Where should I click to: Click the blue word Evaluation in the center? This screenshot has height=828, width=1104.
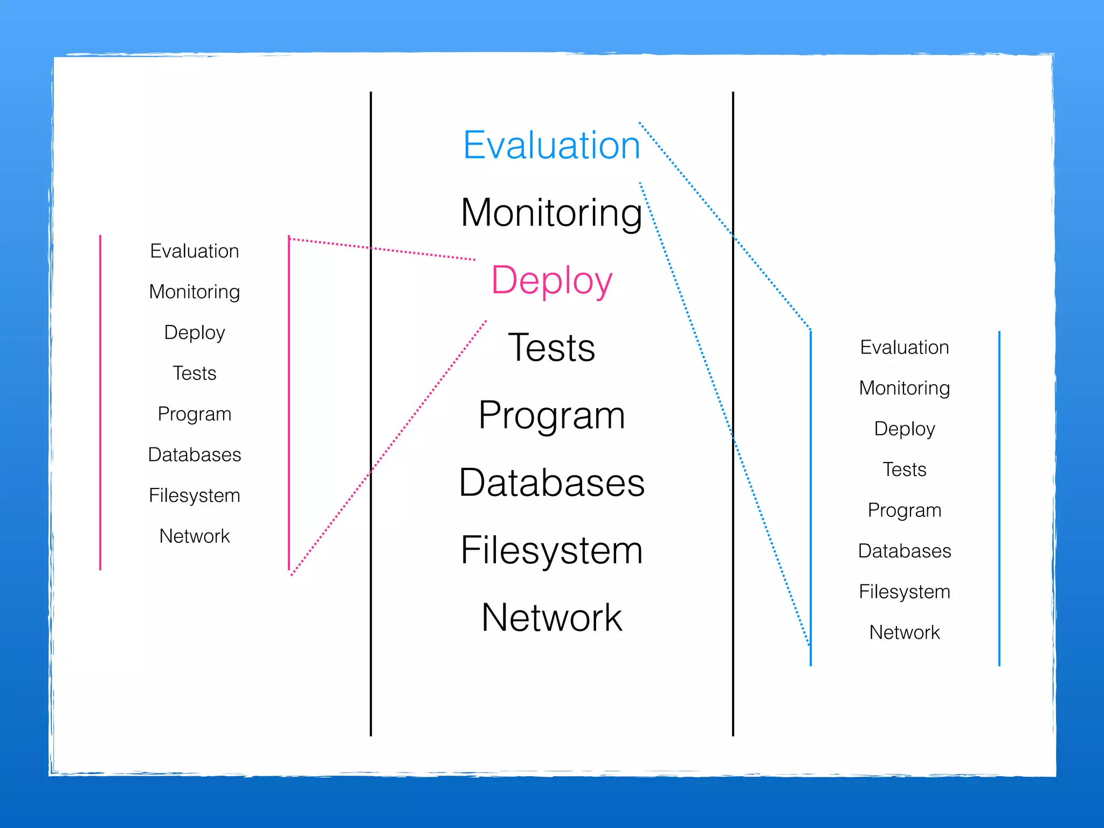(551, 146)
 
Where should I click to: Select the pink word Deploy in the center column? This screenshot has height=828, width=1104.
(551, 280)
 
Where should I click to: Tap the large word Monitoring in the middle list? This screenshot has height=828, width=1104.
(551, 213)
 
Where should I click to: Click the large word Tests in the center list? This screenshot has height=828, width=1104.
(551, 348)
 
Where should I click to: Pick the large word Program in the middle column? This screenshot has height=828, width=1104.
(551, 416)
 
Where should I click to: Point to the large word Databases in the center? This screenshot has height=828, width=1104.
(551, 482)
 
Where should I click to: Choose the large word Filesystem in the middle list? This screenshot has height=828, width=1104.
(551, 550)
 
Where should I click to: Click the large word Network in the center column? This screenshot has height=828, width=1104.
(551, 618)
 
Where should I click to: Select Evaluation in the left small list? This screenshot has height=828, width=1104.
(195, 251)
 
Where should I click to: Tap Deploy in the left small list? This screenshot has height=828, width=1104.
(195, 333)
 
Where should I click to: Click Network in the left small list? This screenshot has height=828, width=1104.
(195, 536)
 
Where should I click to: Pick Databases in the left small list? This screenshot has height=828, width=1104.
(195, 455)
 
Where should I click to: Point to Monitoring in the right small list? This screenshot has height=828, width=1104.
(905, 388)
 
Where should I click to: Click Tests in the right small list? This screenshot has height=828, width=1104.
(905, 470)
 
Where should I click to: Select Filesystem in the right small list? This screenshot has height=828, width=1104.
(905, 592)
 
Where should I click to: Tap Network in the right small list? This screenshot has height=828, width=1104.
(905, 632)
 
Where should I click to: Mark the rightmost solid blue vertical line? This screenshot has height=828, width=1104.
(999, 499)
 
